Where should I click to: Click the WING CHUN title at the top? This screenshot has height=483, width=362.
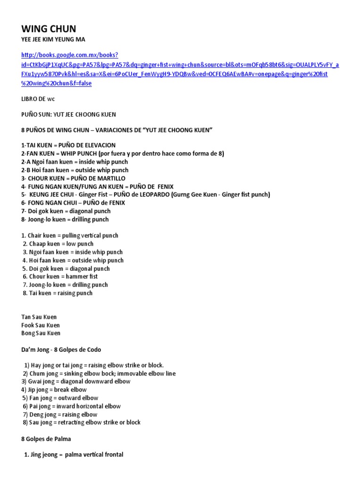click(x=49, y=29)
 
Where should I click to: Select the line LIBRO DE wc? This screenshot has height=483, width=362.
click(x=41, y=100)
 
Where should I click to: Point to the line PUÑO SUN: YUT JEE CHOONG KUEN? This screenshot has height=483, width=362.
click(x=69, y=114)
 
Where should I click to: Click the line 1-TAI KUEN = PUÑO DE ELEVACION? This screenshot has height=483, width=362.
click(x=68, y=145)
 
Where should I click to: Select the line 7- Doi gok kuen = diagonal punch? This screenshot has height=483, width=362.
click(x=66, y=211)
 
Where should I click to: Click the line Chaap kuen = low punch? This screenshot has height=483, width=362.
click(x=58, y=244)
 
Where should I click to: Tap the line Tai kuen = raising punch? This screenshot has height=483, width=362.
click(x=58, y=293)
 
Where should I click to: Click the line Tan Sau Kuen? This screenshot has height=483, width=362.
click(x=39, y=317)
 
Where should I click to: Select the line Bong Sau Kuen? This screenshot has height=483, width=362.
click(x=41, y=333)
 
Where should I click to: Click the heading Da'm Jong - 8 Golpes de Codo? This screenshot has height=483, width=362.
click(x=61, y=350)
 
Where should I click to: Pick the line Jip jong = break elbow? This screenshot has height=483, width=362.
click(x=54, y=390)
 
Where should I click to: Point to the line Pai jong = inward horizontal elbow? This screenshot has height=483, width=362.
click(x=72, y=406)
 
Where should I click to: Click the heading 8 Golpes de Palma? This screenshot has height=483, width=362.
click(x=46, y=439)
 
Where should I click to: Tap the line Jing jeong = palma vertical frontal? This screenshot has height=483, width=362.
click(x=74, y=455)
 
